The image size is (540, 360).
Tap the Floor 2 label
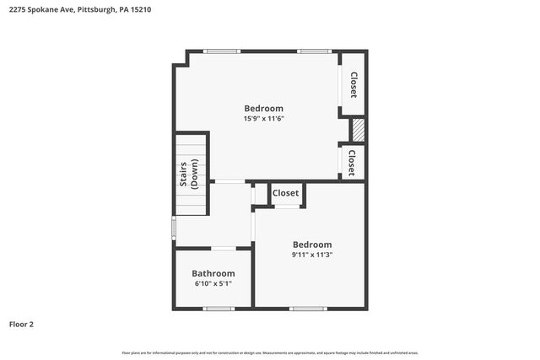21,324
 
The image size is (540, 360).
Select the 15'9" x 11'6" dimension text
263,119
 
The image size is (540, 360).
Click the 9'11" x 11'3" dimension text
312,255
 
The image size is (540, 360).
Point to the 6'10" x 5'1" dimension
212,283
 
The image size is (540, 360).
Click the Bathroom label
213,273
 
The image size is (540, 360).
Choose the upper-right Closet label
354,84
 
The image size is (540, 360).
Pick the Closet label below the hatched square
352,163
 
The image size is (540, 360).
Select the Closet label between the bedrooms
285,194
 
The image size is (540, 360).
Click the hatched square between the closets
358,130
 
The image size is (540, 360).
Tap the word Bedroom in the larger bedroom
263,108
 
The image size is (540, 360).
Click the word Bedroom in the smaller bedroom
311,244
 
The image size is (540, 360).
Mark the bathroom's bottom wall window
219,309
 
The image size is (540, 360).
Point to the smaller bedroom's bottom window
308,309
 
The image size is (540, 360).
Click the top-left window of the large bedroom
222,51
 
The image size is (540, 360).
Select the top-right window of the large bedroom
313,51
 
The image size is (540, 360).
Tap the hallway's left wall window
173,228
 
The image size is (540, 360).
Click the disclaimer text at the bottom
270,352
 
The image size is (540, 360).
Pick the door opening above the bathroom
223,248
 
